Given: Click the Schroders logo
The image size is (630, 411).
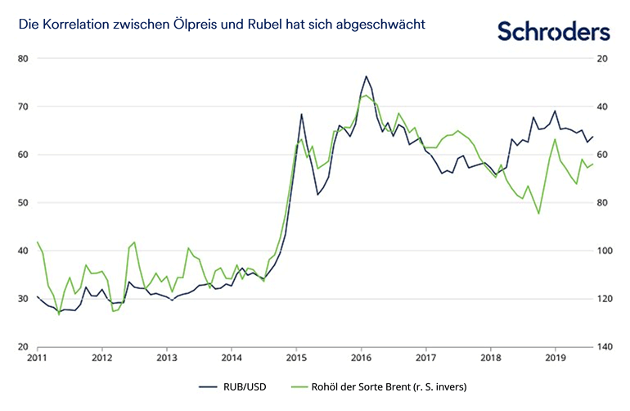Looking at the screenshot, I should click(x=554, y=30).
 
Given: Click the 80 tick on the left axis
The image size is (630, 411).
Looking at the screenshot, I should click(x=23, y=59).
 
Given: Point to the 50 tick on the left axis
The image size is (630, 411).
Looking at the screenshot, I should click(x=23, y=203).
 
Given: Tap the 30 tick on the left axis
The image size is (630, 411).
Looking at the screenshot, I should click(x=23, y=299).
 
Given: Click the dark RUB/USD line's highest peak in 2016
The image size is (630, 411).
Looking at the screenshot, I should click(x=366, y=76).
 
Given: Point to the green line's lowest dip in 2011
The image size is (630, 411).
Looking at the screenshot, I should click(x=59, y=315).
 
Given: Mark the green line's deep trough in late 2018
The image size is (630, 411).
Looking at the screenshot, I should click(x=538, y=214).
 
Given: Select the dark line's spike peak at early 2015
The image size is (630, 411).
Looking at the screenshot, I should click(x=301, y=114).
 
